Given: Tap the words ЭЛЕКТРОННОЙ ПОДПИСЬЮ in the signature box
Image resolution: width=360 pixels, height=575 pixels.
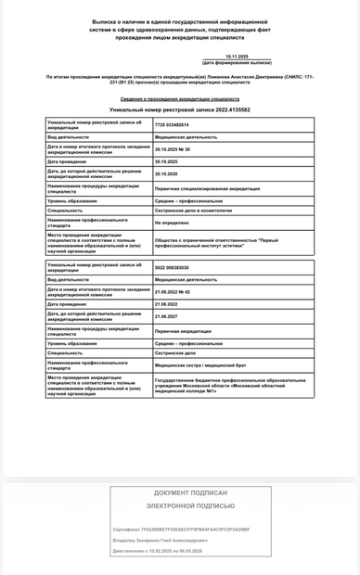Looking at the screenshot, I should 191,506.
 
